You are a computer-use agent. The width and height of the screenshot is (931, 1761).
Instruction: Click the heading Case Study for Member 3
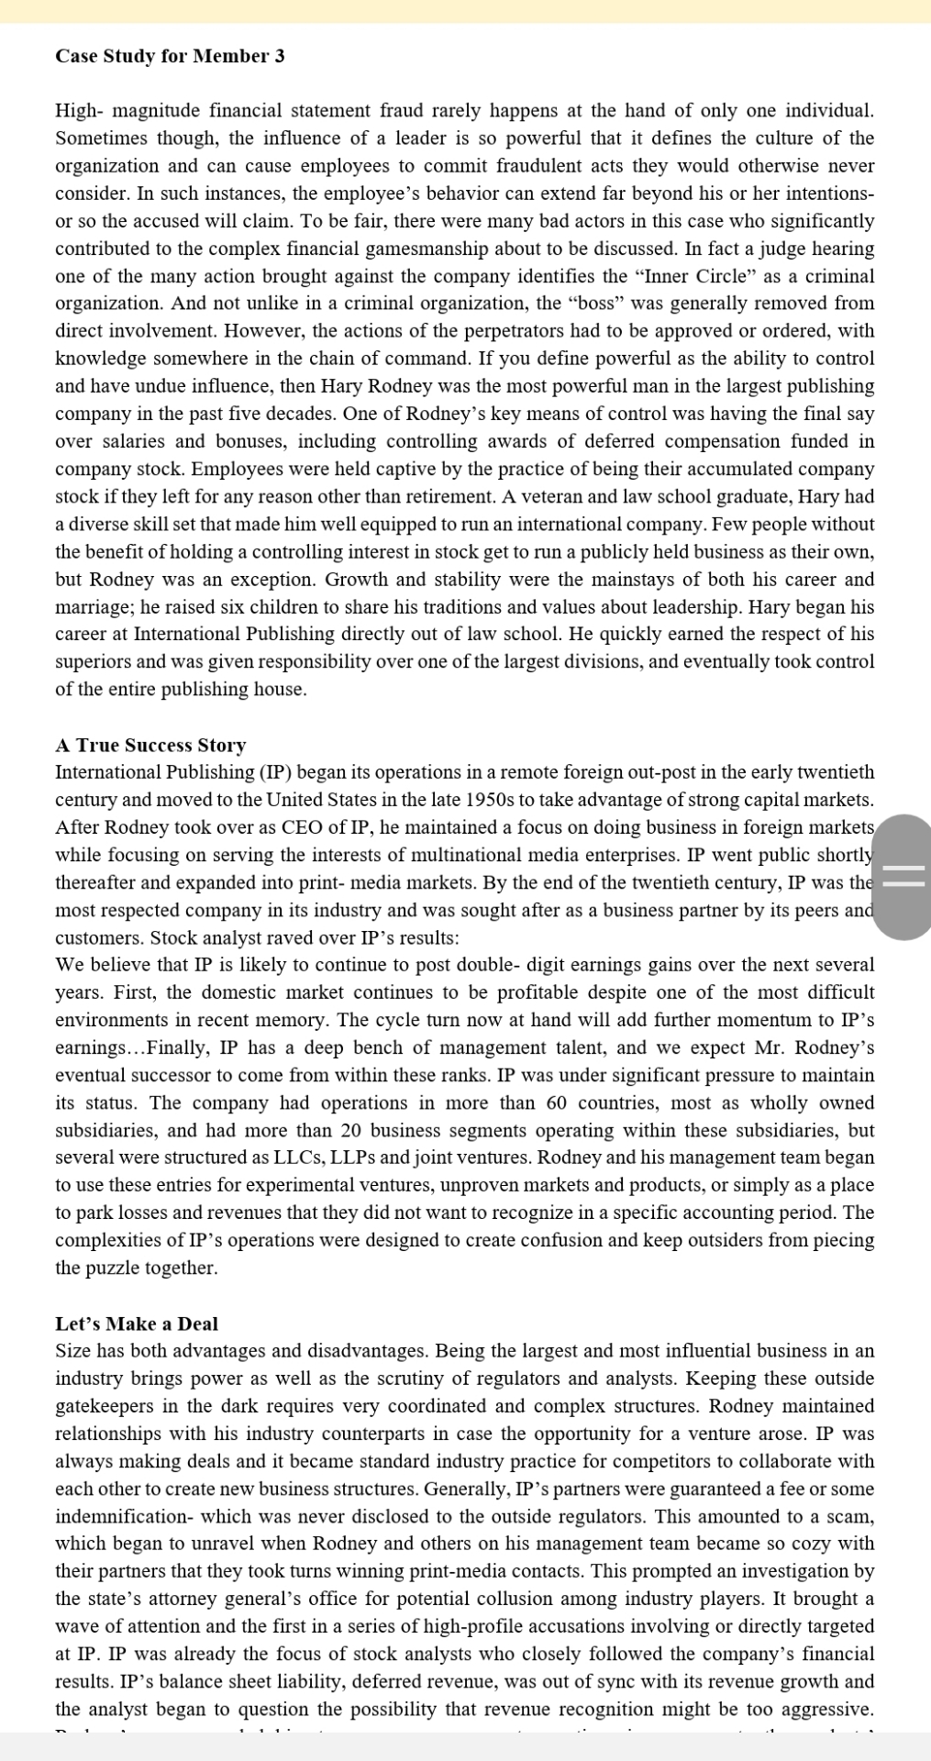coord(170,56)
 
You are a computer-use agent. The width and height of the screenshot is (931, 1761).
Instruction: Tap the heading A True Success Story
coord(150,745)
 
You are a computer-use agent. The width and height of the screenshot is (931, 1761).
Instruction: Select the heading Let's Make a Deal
coord(137,1324)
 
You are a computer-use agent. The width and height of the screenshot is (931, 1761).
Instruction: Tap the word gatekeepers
coord(113,1406)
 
